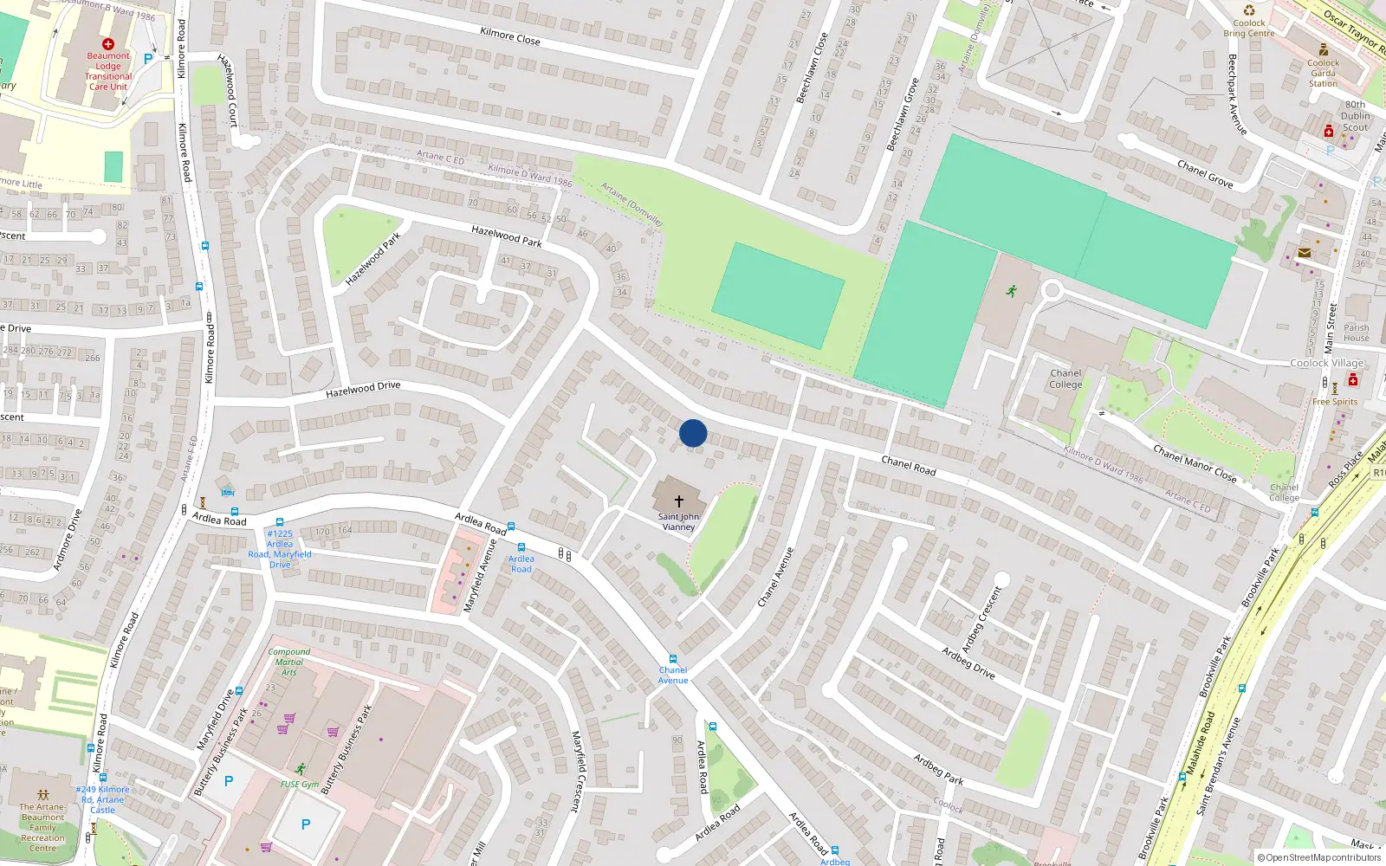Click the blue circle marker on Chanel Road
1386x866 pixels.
coord(693,433)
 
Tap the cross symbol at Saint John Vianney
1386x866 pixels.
coord(679,501)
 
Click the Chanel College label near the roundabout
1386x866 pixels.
coord(1065,379)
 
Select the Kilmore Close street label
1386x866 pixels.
coord(509,36)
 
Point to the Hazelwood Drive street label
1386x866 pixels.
coord(363,391)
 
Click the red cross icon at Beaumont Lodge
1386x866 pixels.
coord(108,43)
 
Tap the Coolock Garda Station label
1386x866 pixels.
coord(1323,73)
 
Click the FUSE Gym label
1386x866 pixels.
coord(300,785)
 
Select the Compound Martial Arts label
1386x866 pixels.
coord(289,662)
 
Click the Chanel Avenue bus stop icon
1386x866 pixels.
coord(673,659)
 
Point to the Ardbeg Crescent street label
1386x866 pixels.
coord(981,620)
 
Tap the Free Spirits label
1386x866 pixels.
coord(1335,402)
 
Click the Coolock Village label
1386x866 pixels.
coord(1326,363)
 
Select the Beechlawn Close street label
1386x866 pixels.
coord(813,68)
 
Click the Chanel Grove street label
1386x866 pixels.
coord(1204,174)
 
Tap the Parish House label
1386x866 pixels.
coord(1357,333)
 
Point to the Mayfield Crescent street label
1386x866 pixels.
coord(577,772)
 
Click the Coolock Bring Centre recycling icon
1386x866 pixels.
coord(1249,10)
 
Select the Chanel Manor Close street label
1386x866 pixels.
coord(1195,463)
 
